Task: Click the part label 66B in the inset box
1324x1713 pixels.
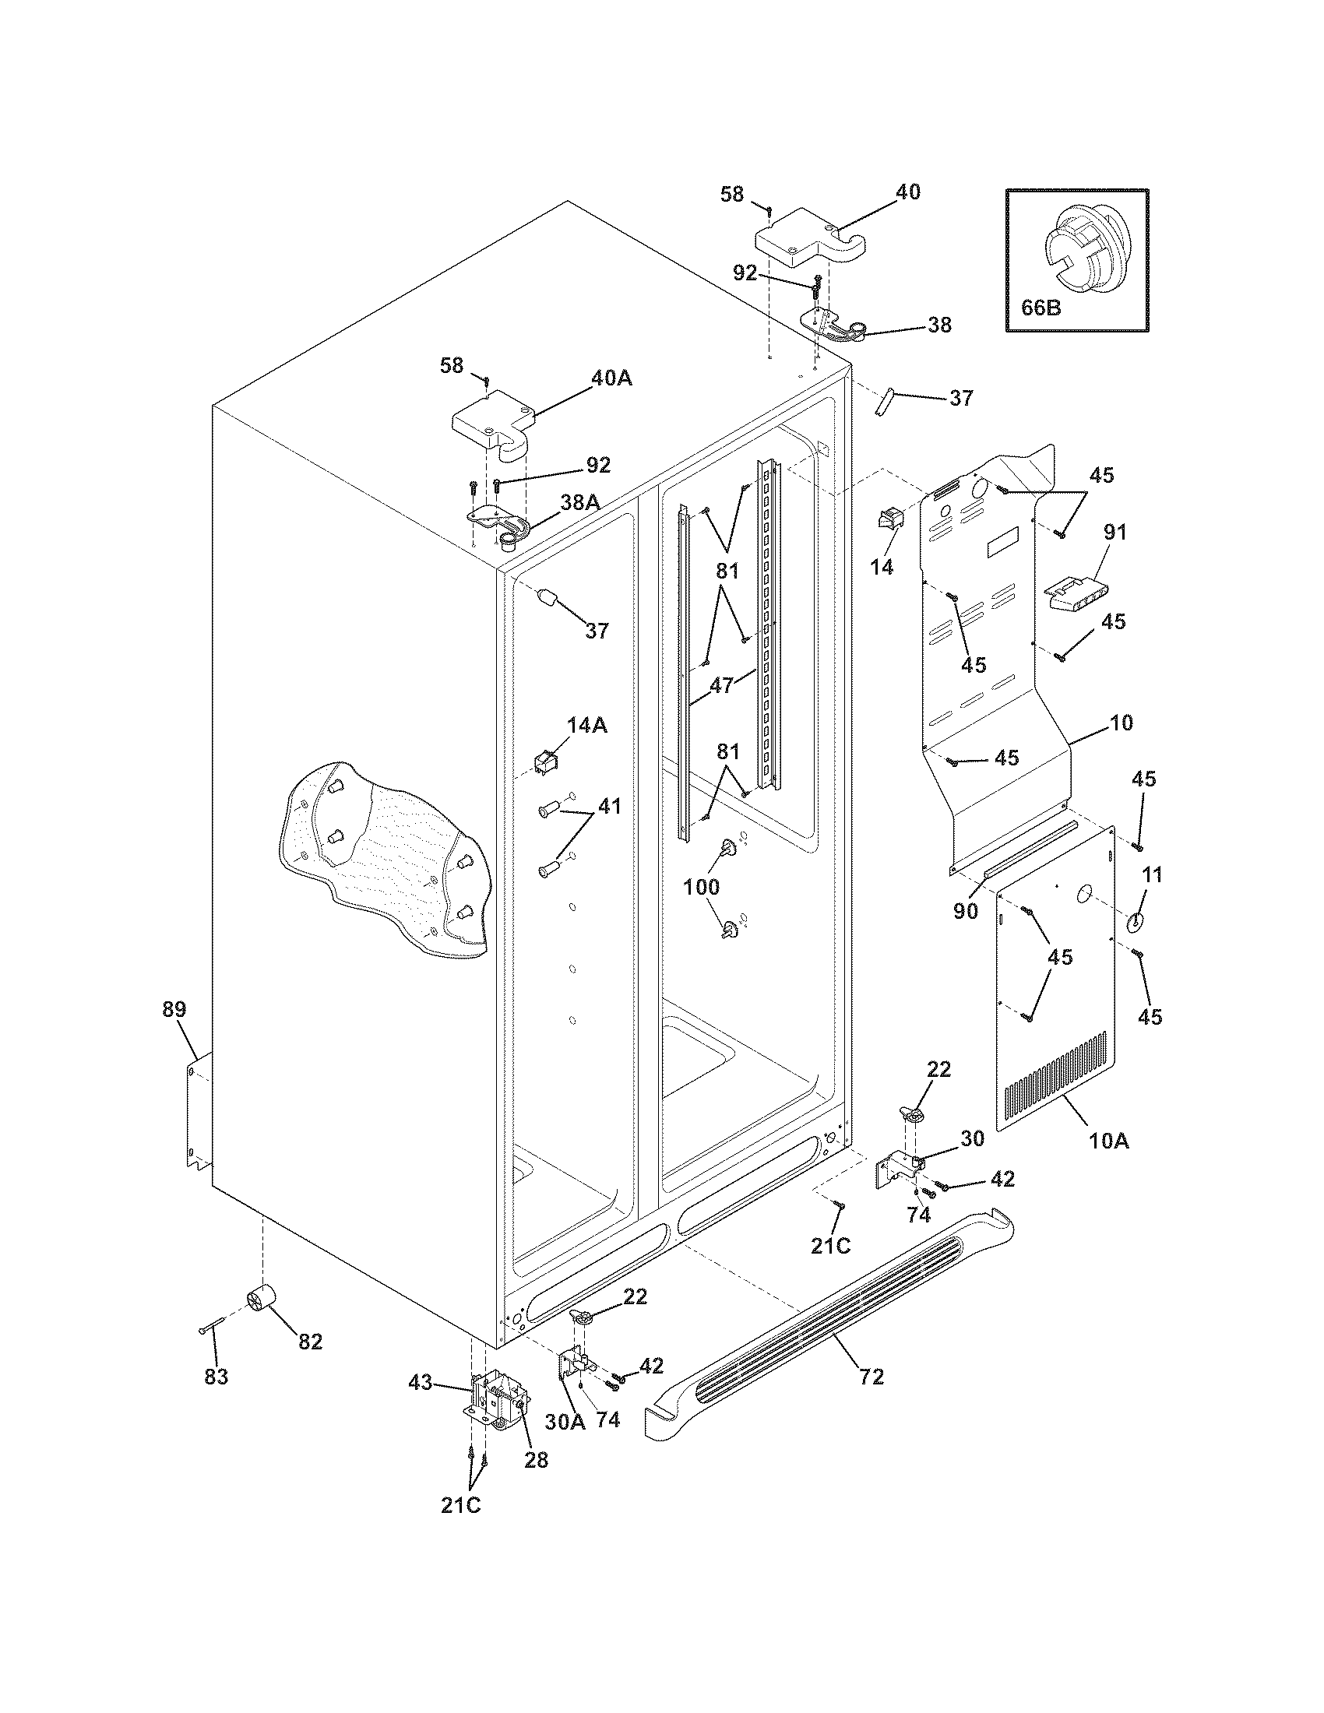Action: pyautogui.click(x=1041, y=307)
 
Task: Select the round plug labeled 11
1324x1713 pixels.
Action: pyautogui.click(x=1136, y=923)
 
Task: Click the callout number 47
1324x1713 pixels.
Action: pyautogui.click(x=722, y=684)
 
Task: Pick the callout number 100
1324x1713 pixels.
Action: pyautogui.click(x=700, y=887)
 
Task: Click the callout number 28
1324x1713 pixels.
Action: pyautogui.click(x=537, y=1460)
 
